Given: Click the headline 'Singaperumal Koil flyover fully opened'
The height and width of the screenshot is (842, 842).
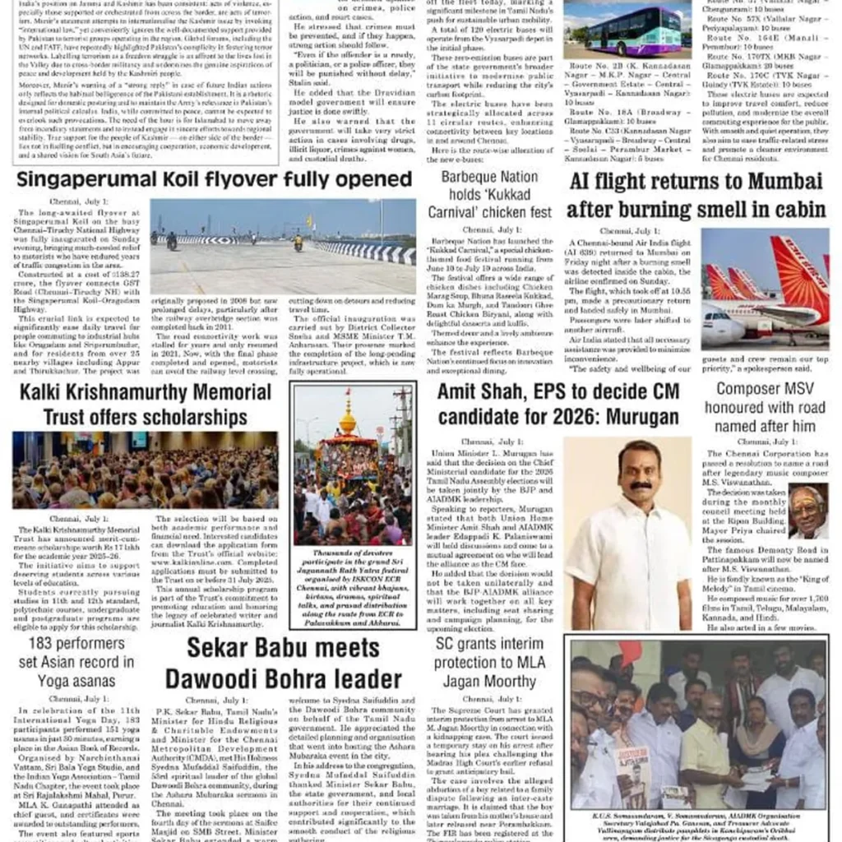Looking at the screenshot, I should point(215,180).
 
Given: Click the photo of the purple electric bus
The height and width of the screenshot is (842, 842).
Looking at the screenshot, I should point(627,30).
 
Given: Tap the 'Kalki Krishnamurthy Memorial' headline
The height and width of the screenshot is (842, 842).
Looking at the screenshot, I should point(145,393).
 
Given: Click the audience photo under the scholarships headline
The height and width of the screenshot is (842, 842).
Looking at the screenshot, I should point(145,470).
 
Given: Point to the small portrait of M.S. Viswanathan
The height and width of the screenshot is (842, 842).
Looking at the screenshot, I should point(807,511).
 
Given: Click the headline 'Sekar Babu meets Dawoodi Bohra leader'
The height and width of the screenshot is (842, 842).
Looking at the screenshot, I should point(284,663).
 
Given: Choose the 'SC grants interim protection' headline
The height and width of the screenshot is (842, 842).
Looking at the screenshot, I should point(489,662).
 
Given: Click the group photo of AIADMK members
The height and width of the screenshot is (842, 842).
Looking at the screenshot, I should point(696,724).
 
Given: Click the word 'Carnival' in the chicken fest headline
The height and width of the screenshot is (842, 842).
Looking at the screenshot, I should point(460,212).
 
